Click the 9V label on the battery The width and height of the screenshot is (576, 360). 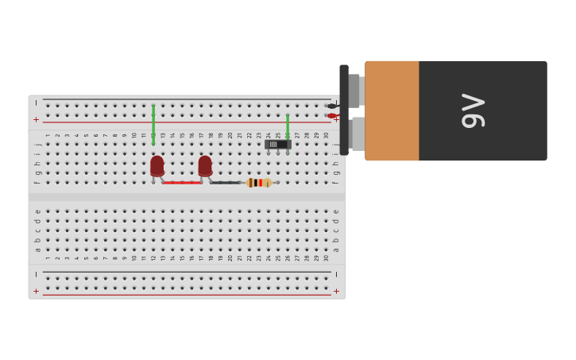point(473,110)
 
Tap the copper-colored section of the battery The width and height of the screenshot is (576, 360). point(392,110)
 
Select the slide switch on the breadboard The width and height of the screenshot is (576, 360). point(277,144)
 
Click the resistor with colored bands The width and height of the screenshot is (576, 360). point(259,183)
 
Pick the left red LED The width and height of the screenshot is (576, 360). point(157,165)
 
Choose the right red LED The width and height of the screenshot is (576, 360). point(205,165)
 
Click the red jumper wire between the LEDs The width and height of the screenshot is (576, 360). point(182,183)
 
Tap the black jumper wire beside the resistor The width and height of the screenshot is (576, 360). point(226,183)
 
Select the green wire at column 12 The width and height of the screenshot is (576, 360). point(153,124)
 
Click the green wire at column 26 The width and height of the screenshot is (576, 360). point(288,126)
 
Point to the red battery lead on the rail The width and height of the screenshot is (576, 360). point(332,116)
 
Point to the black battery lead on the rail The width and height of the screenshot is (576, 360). point(332,106)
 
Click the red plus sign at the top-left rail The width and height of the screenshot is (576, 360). point(36,119)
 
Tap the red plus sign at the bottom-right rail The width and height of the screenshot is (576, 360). point(336,292)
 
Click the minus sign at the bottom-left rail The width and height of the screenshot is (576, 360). point(36,274)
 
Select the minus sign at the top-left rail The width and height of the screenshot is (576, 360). point(36,103)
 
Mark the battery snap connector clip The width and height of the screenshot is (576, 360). point(344,110)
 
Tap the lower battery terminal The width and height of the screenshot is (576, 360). point(358,134)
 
